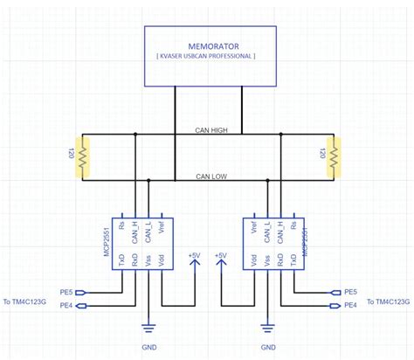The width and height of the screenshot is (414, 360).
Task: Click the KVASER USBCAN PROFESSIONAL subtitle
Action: point(205,55)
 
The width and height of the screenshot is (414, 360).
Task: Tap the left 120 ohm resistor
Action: point(81,158)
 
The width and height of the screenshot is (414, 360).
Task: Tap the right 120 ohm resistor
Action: point(333,158)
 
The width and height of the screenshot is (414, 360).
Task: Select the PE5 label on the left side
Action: point(66,292)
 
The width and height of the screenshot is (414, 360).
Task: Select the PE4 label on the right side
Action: point(350,305)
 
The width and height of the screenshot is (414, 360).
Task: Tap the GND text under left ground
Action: point(148,347)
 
